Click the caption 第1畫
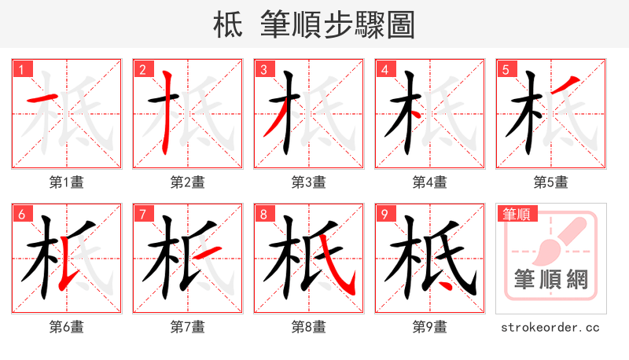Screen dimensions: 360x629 [67, 182]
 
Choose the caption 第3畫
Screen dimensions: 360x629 [309, 182]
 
